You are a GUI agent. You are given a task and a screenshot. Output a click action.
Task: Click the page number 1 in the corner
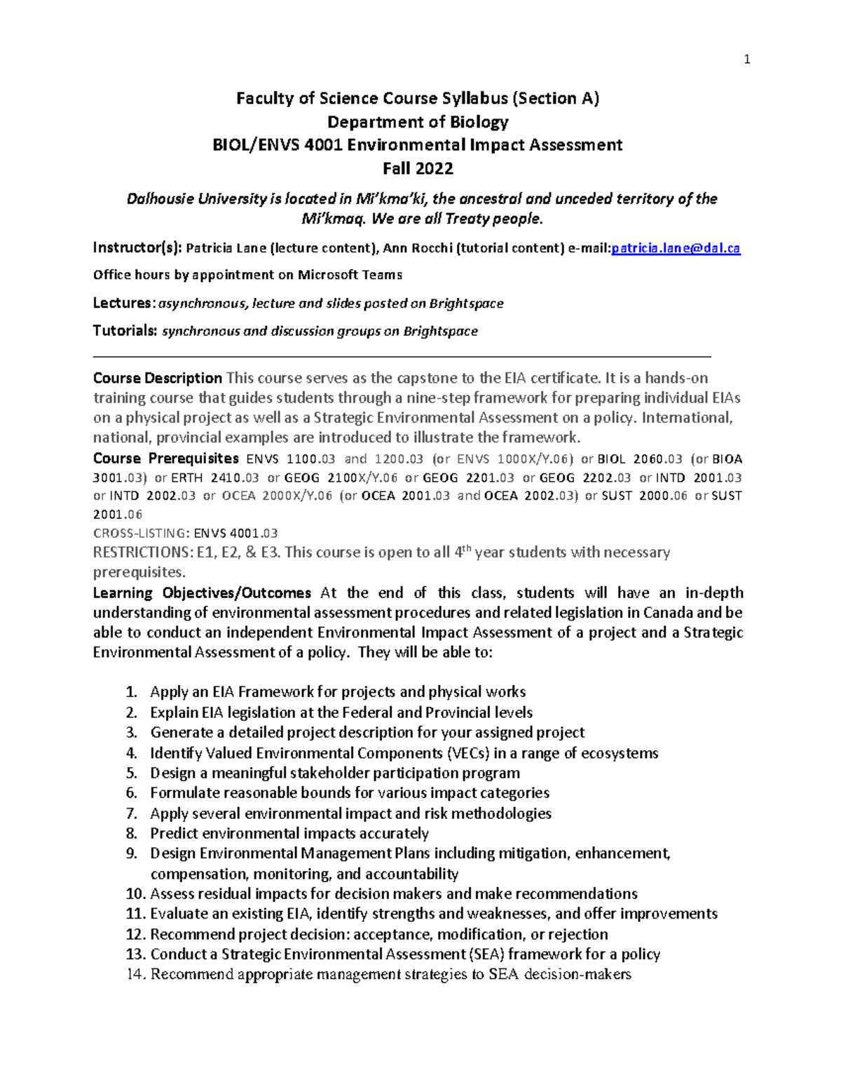pos(747,60)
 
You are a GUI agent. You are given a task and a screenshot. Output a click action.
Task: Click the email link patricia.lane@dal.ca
pos(676,248)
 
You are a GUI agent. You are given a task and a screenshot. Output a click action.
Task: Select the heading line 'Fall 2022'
pos(418,168)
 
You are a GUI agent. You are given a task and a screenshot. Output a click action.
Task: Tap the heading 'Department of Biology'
pos(418,122)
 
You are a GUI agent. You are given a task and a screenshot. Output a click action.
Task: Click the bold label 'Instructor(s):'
pos(137,248)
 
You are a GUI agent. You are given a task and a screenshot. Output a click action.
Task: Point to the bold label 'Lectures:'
pos(124,304)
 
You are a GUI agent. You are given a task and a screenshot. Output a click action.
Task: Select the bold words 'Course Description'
pos(158,379)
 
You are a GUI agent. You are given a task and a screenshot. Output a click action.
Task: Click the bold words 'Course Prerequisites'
pos(166,459)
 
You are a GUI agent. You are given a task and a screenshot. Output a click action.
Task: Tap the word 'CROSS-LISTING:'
pos(142,533)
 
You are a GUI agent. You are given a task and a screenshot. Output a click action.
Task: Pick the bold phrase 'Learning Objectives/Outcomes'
pos(202,593)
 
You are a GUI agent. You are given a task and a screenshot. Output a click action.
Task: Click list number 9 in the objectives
pos(132,854)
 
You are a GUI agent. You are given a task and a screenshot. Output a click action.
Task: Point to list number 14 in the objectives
pos(135,975)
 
